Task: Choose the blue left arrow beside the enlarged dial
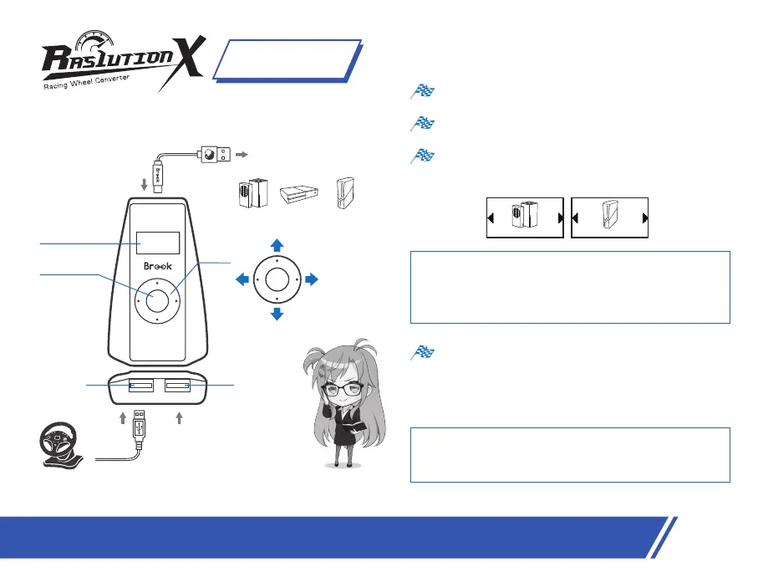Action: point(242,279)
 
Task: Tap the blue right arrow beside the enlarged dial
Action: point(313,279)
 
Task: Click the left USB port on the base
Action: point(140,386)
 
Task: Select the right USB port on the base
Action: point(177,386)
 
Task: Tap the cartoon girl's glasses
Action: point(344,389)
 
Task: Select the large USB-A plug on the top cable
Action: point(209,155)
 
